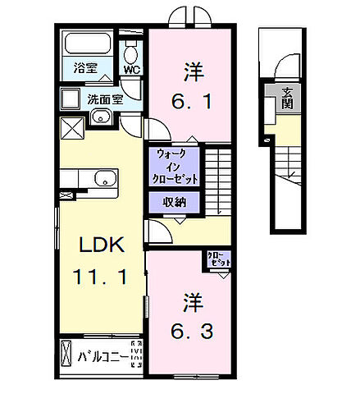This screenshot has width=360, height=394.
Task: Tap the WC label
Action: (x=131, y=70)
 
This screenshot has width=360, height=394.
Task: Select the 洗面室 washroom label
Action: (x=105, y=100)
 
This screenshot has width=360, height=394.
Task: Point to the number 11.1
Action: (x=102, y=277)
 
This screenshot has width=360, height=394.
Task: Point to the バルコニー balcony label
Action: (x=103, y=358)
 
